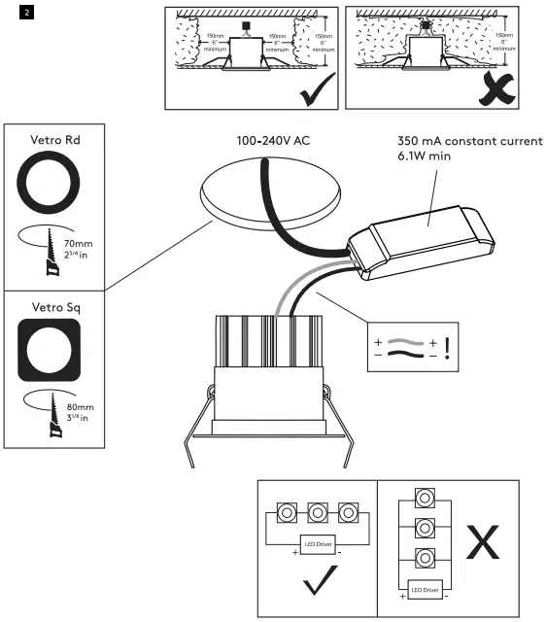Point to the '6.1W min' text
[425, 155]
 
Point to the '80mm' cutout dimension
[81, 408]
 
